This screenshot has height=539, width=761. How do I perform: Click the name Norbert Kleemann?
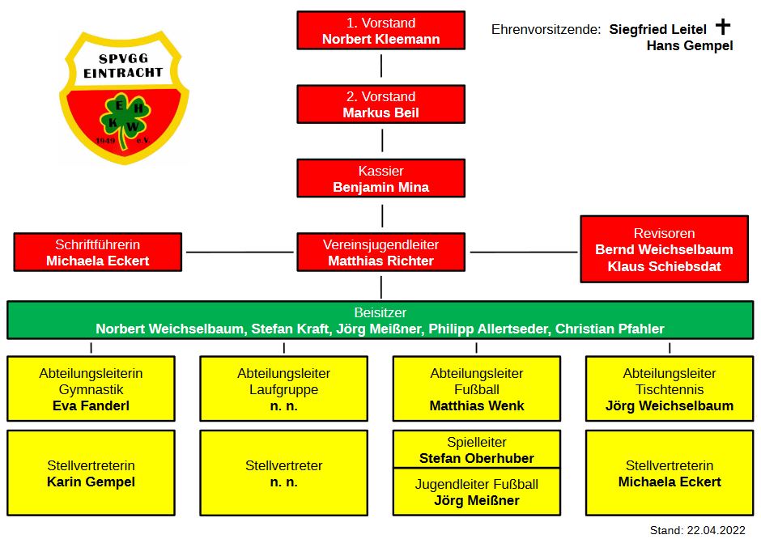click(x=380, y=39)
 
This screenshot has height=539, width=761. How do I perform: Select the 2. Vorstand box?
click(x=380, y=104)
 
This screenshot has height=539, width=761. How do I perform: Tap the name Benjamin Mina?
click(x=380, y=187)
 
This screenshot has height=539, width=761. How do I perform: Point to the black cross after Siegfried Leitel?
click(x=723, y=27)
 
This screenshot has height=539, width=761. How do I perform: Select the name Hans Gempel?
click(x=690, y=46)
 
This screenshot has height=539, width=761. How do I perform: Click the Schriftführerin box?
click(x=98, y=253)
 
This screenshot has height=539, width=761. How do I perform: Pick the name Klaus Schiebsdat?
click(x=664, y=266)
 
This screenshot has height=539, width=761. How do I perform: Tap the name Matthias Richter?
click(x=380, y=261)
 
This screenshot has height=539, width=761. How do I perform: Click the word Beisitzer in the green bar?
click(x=380, y=312)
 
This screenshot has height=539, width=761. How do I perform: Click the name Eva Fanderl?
click(x=91, y=405)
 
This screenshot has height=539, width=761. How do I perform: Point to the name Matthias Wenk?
click(x=477, y=405)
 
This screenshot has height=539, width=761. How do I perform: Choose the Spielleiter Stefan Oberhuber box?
click(x=477, y=450)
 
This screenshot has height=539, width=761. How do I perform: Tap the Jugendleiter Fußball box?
click(x=477, y=492)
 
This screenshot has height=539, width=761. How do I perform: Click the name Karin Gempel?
click(x=91, y=482)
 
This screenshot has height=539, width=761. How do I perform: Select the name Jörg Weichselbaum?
click(x=670, y=405)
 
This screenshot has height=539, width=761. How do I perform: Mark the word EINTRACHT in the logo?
click(x=123, y=72)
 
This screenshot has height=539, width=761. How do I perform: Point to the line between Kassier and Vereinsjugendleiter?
click(x=382, y=215)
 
